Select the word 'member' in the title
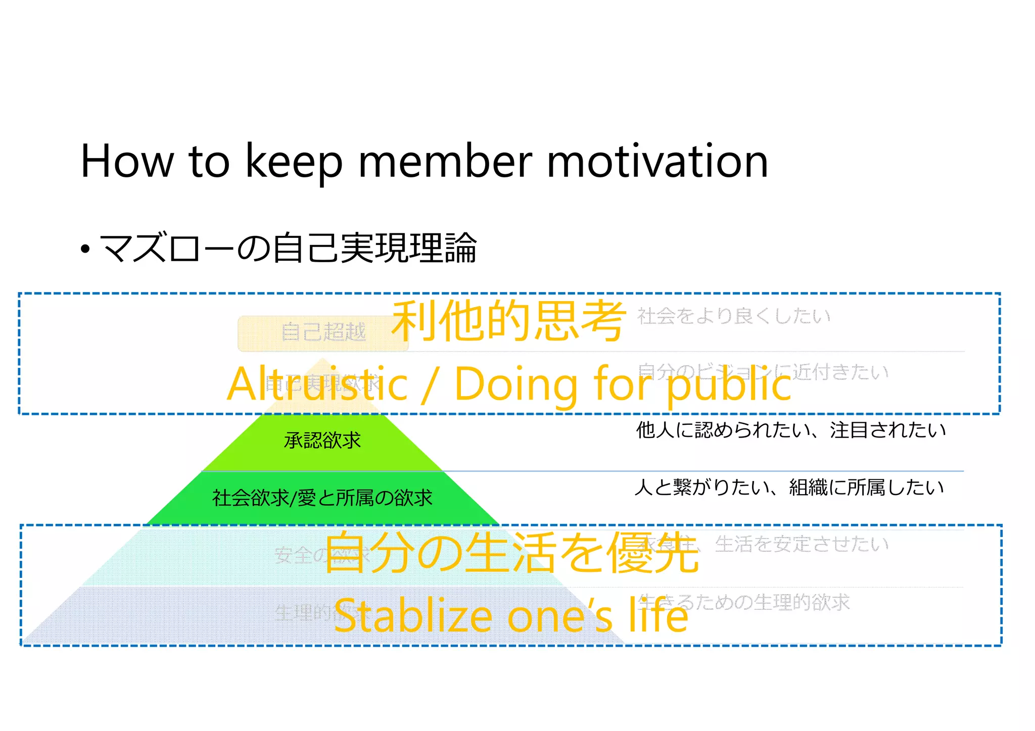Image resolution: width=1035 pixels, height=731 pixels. coord(445,161)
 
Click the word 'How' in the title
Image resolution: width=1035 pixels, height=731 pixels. coord(127,161)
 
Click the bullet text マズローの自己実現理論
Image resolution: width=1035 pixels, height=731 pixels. coord(288,248)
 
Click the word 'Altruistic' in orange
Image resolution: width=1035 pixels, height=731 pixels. coord(317,384)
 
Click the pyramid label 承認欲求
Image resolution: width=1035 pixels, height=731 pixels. coord(322,441)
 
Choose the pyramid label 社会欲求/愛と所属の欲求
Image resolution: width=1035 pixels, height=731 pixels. coord(322,498)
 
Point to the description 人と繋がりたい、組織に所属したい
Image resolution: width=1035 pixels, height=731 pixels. coord(789,488)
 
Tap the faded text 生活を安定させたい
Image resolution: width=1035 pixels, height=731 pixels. coord(802,545)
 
